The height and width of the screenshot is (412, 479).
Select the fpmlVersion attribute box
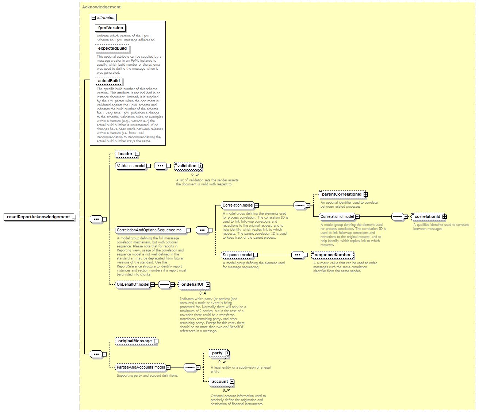pos(110,28)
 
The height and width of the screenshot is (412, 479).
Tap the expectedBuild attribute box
pos(112,48)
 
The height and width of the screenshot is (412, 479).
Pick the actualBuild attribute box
pos(109,81)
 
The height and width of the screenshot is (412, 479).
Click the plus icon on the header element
pos(137,154)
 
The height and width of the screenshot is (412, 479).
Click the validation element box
pos(188,166)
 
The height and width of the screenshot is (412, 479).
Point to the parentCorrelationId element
pos(342,194)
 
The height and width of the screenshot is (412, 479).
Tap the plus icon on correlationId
pos(444,216)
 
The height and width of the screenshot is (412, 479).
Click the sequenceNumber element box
pos(333,255)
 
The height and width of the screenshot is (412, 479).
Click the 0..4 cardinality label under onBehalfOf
pos(203,293)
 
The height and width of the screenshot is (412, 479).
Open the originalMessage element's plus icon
pos(156,341)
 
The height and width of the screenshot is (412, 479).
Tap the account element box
pos(221,382)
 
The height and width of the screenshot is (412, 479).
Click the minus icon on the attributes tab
pos(94,18)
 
